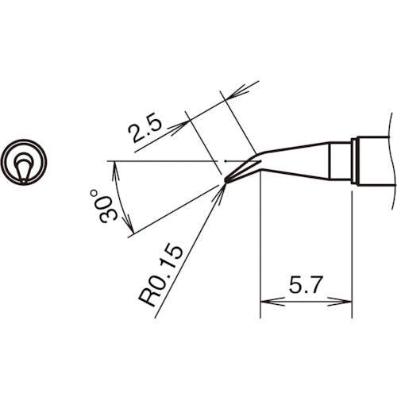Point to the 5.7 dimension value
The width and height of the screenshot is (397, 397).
[x=306, y=285]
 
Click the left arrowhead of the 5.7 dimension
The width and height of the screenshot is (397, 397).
[x=267, y=302]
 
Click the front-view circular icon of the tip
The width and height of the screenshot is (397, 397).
[x=24, y=164]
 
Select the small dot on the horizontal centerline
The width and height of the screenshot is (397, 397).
[x=225, y=162]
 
